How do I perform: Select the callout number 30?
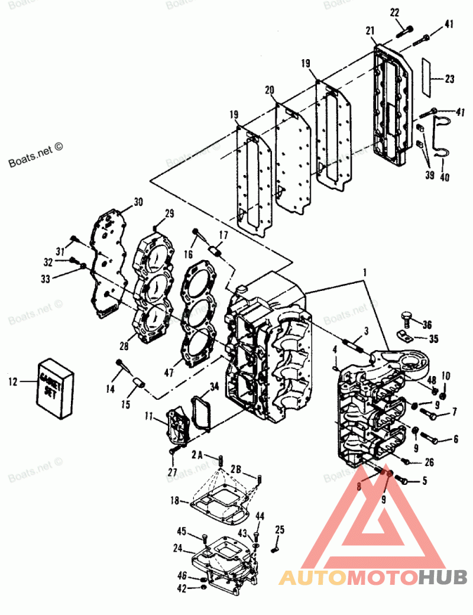pyautogui.click(x=138, y=202)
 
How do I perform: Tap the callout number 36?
pyautogui.click(x=427, y=323)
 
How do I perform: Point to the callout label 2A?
pyautogui.click(x=197, y=455)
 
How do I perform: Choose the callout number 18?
pyautogui.click(x=175, y=500)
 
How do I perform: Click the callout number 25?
pyautogui.click(x=280, y=529)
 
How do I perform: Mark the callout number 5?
pyautogui.click(x=423, y=481)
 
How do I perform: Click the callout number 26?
pyautogui.click(x=429, y=462)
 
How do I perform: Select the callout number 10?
pyautogui.click(x=446, y=376)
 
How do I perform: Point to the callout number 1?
pyautogui.click(x=365, y=274)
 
